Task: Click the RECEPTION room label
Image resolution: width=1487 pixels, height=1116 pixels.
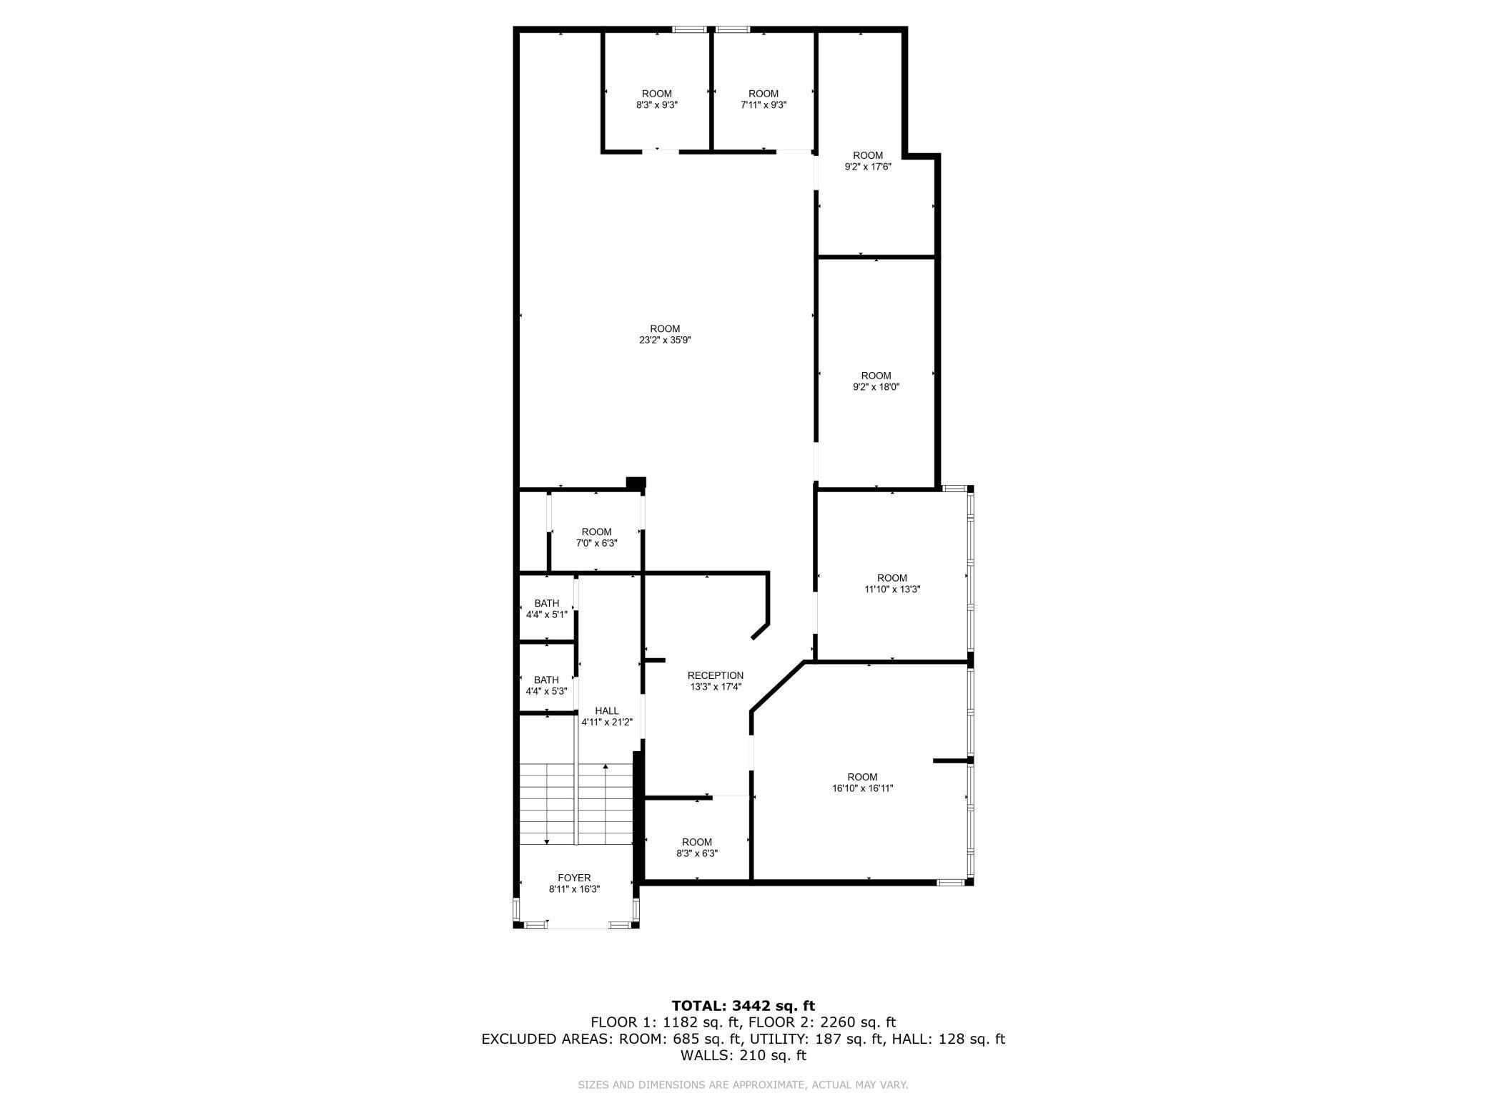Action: pyautogui.click(x=715, y=675)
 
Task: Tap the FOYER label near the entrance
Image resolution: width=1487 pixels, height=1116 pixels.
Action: pyautogui.click(x=574, y=878)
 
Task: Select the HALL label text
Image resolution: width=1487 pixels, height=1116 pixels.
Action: pyautogui.click(x=606, y=710)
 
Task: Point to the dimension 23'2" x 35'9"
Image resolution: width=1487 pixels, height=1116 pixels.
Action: pyautogui.click(x=665, y=341)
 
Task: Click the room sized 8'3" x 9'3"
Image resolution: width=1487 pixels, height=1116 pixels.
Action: pyautogui.click(x=656, y=99)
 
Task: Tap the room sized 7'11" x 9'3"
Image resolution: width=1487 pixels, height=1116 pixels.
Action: pyautogui.click(x=763, y=99)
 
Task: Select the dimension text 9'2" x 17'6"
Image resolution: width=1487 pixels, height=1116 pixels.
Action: pyautogui.click(x=868, y=167)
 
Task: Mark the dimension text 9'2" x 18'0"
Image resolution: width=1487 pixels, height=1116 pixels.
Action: pyautogui.click(x=876, y=387)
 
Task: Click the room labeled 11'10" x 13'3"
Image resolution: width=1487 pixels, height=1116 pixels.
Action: pyautogui.click(x=891, y=584)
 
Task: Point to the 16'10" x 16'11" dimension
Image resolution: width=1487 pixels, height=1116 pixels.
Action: pyautogui.click(x=862, y=788)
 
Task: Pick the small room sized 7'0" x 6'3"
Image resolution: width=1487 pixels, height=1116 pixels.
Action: pyautogui.click(x=596, y=537)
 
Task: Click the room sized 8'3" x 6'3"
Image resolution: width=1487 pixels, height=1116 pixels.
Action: pyautogui.click(x=696, y=848)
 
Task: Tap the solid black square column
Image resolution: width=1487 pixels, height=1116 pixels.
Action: pyautogui.click(x=636, y=482)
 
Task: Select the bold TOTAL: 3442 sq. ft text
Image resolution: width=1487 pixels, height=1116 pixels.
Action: pyautogui.click(x=743, y=1006)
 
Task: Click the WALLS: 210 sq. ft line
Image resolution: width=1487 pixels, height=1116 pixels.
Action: pyautogui.click(x=743, y=1055)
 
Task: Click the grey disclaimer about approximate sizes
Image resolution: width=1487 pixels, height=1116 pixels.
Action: pyautogui.click(x=743, y=1085)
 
